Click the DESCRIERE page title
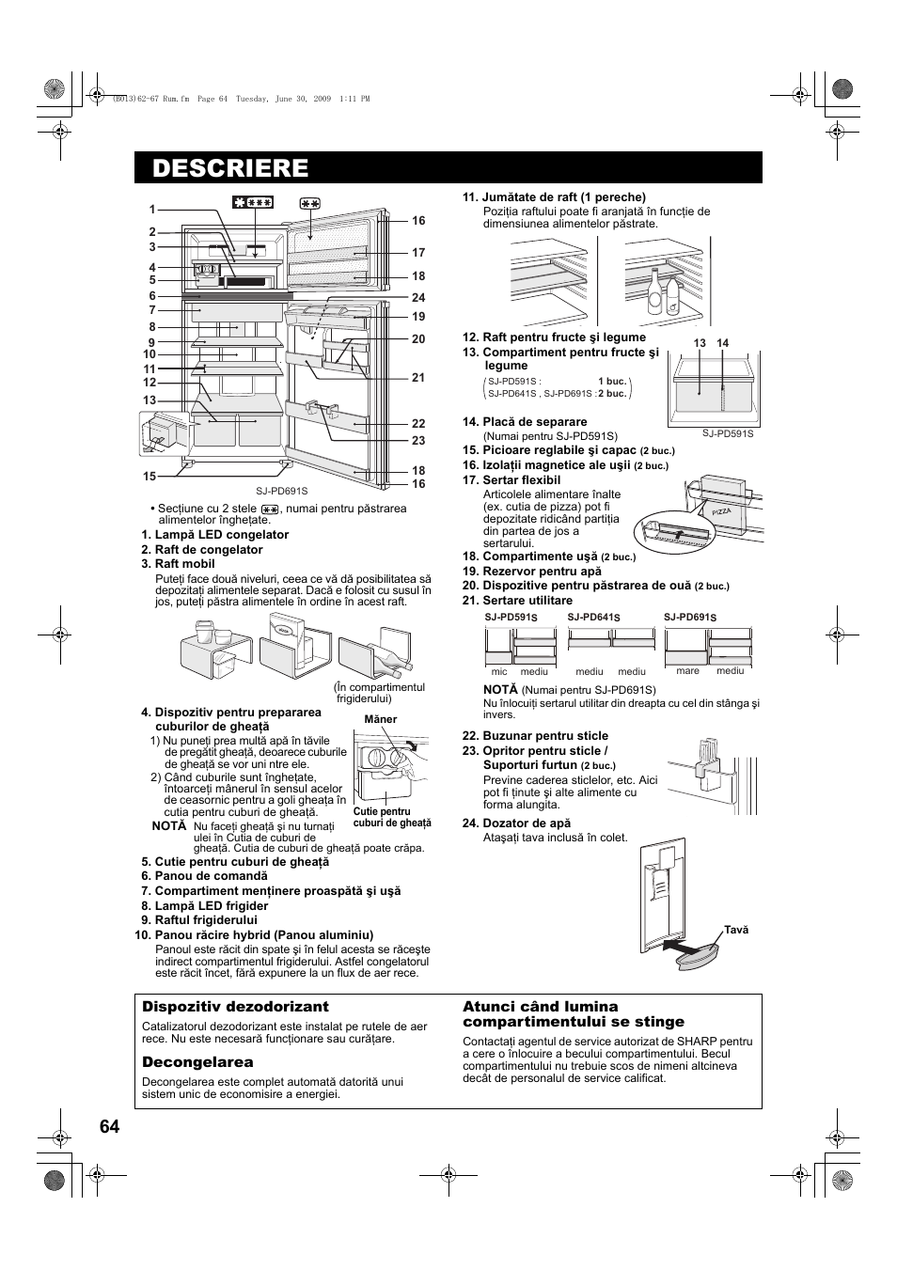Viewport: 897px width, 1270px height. [x=230, y=167]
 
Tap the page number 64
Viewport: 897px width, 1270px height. [x=109, y=1126]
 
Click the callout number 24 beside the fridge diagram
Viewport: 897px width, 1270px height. [x=418, y=298]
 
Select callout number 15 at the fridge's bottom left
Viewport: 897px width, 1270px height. [x=149, y=477]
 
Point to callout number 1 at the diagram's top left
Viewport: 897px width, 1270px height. [x=150, y=210]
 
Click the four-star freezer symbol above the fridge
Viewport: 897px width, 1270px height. [x=253, y=202]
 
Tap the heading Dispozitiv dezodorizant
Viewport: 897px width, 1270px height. [x=235, y=1007]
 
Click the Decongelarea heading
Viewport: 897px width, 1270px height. [x=197, y=1062]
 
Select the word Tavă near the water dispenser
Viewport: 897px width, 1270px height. [x=736, y=930]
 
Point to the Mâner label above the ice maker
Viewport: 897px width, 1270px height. [x=381, y=719]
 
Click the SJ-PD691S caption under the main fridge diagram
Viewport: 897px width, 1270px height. [x=282, y=491]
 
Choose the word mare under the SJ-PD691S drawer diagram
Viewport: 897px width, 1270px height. [x=687, y=671]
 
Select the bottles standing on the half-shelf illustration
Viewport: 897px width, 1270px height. [x=663, y=293]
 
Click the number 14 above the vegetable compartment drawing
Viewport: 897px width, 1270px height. [x=722, y=343]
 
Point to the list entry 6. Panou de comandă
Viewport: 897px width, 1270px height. [x=205, y=875]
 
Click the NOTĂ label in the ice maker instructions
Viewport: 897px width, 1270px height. [x=169, y=826]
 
